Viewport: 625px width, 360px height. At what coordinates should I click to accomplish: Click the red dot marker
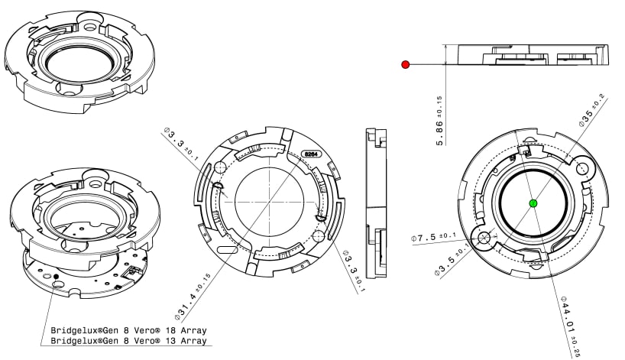(406, 65)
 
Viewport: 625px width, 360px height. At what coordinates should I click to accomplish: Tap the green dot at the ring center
(533, 203)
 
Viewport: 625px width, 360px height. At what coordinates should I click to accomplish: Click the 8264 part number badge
(312, 153)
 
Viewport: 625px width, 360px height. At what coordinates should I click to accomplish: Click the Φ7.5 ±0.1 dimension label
(434, 238)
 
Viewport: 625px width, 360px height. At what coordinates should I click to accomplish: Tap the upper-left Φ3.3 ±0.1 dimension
(181, 145)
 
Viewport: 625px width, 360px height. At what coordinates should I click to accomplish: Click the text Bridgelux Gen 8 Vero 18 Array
(128, 331)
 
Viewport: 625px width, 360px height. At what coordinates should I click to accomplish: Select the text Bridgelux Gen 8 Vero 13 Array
(128, 341)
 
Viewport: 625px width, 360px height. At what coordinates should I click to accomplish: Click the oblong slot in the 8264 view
(228, 249)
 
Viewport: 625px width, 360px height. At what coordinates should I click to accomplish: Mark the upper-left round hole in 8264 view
(221, 167)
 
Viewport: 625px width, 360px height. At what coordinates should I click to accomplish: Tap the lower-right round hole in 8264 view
(319, 238)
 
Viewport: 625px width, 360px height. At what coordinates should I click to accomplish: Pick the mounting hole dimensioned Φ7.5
(484, 238)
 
